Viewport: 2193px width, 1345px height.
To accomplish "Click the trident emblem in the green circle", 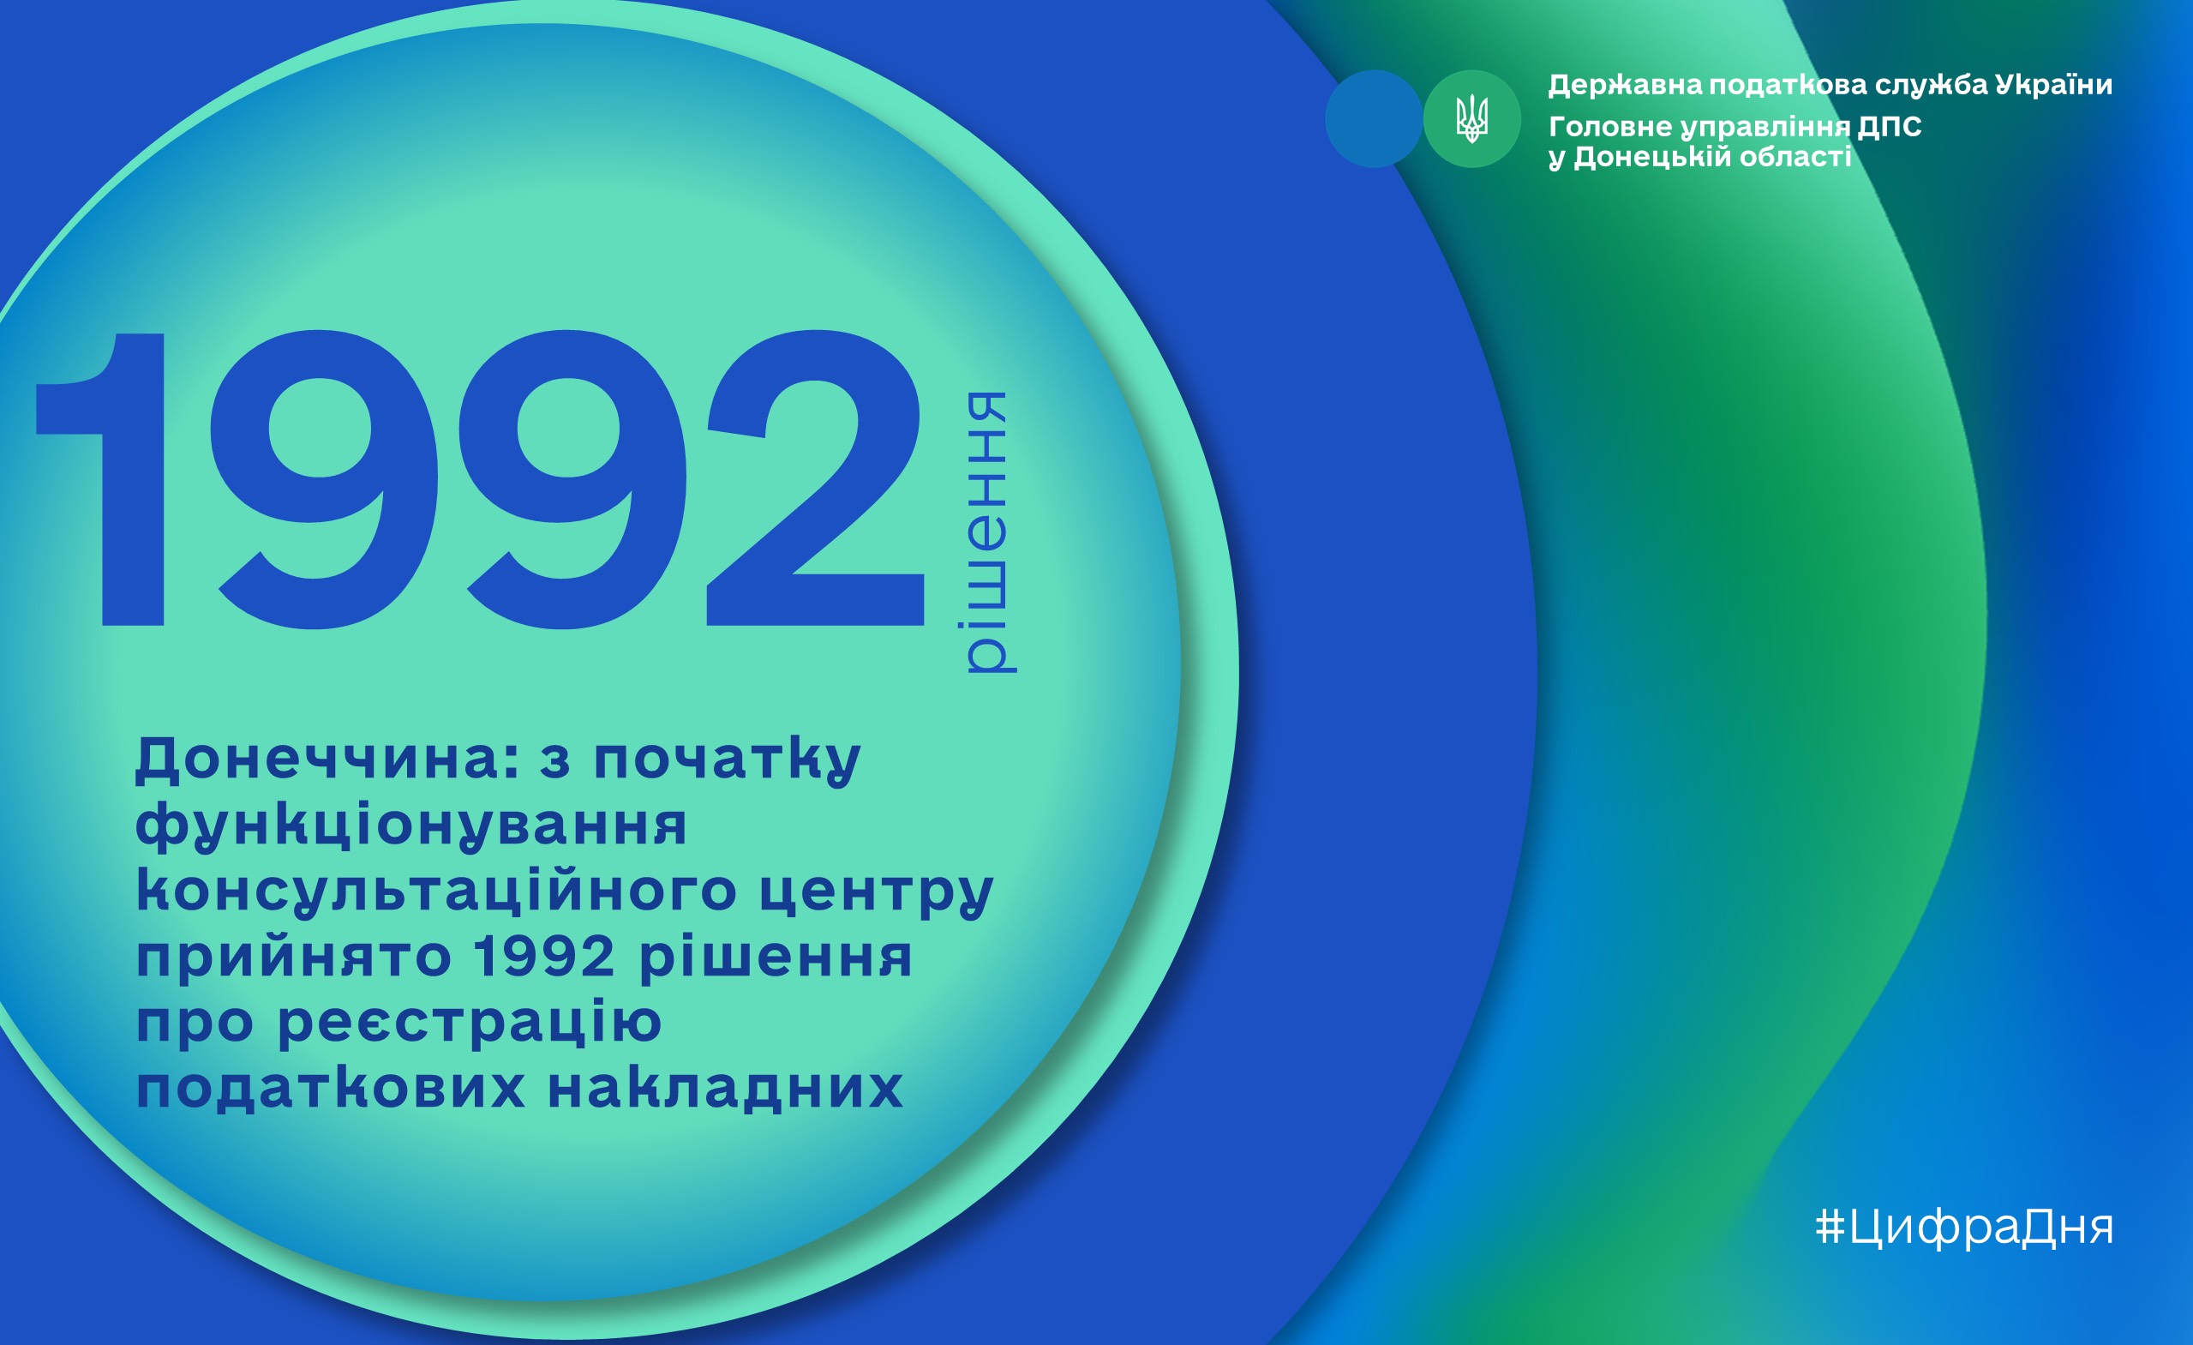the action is tap(1471, 118).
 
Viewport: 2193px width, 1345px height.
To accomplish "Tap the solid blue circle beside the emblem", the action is tap(1373, 118).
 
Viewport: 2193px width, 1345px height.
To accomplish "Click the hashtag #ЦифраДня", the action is tap(1963, 1228).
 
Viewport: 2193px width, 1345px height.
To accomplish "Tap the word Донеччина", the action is tap(327, 760).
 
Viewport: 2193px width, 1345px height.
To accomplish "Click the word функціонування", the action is tap(411, 826).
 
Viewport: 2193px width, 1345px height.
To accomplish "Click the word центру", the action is tap(876, 894).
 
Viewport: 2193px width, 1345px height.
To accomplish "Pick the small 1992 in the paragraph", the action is tap(544, 956).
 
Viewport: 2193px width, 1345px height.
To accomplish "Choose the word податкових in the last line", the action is tap(330, 1088).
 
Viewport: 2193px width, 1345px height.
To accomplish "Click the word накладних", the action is tap(725, 1088).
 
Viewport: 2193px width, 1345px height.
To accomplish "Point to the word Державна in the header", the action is tap(1625, 86).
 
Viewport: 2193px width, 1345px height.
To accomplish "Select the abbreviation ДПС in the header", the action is tap(1890, 126).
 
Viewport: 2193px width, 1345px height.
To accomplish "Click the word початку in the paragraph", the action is tap(727, 761).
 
